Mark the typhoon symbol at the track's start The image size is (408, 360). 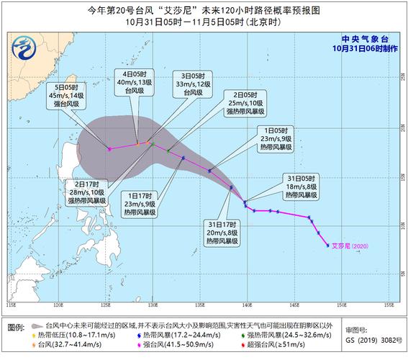pyautogui.click(x=327, y=246)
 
